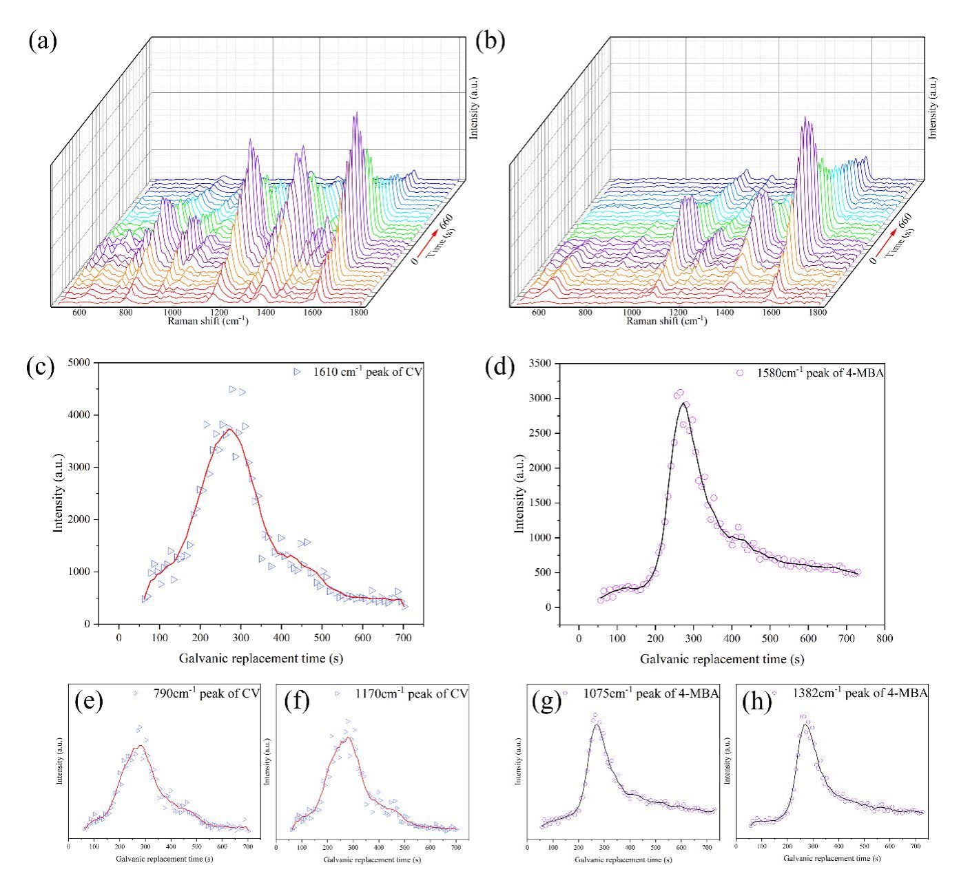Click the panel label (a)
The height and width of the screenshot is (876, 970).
[43, 41]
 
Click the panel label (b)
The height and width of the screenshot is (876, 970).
[491, 41]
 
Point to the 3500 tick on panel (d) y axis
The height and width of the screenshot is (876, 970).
[541, 363]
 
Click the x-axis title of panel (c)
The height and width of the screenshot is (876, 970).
[261, 658]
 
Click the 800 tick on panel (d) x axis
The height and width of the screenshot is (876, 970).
[885, 638]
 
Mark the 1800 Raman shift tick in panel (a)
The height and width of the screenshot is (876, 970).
[358, 313]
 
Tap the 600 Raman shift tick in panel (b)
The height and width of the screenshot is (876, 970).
[538, 313]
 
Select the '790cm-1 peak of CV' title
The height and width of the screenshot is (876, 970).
[207, 693]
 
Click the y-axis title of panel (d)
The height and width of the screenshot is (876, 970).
[520, 494]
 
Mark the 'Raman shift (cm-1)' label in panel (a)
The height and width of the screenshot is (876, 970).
[207, 322]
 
